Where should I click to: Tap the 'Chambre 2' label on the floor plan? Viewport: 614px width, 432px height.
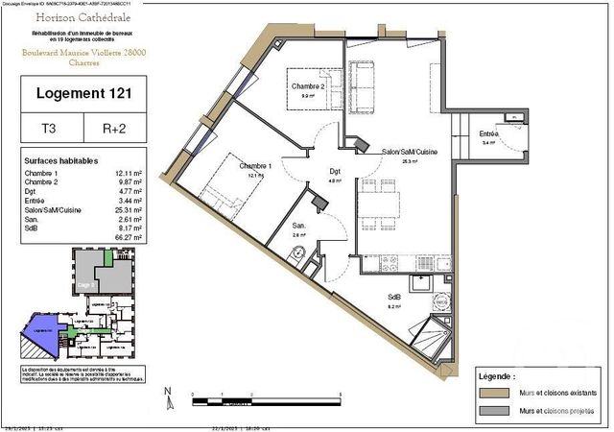309,86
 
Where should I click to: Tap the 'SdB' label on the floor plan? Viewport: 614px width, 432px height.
394,298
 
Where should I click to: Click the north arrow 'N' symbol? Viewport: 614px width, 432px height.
168,392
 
